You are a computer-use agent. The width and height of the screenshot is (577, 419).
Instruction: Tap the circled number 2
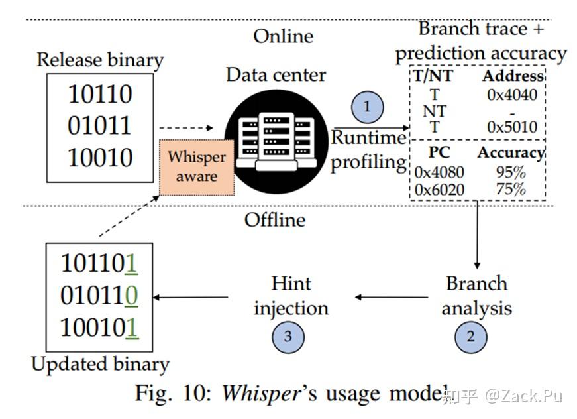pyautogui.click(x=470, y=336)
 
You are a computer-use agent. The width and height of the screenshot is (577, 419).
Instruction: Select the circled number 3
pyautogui.click(x=288, y=336)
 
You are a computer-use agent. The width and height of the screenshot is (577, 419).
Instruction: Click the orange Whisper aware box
pyautogui.click(x=196, y=167)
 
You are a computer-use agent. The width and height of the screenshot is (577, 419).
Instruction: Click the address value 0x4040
pyautogui.click(x=512, y=94)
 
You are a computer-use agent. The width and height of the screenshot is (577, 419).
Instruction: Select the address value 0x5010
pyautogui.click(x=512, y=127)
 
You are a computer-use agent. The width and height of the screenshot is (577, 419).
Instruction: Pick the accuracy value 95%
pyautogui.click(x=510, y=173)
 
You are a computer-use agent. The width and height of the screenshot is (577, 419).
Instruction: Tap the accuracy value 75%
pyautogui.click(x=510, y=190)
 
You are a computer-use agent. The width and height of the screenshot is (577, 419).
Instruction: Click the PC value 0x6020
pyautogui.click(x=439, y=190)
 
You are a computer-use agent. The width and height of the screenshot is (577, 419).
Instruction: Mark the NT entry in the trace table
pyautogui.click(x=435, y=111)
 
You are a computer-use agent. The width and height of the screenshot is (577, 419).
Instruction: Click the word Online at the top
pyautogui.click(x=283, y=36)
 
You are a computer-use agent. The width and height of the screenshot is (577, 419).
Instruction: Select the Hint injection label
pyautogui.click(x=291, y=296)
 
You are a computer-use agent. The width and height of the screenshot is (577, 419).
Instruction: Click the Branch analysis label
pyautogui.click(x=476, y=296)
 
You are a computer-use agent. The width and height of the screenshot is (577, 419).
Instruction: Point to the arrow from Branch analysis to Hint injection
pyautogui.click(x=391, y=297)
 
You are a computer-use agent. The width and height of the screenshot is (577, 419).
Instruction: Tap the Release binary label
pyautogui.click(x=100, y=60)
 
